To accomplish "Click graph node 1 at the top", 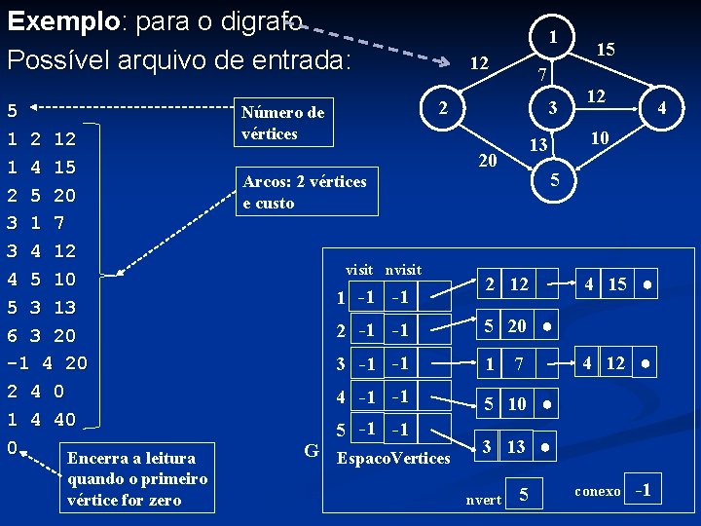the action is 552,38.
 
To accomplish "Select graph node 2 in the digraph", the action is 441,106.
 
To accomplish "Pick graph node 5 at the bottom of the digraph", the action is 553,180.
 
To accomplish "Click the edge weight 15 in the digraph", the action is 606,48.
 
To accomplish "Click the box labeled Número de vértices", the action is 282,123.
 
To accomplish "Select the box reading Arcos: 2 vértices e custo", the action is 304,192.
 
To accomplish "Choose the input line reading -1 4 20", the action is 47,363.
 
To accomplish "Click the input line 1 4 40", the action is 41,420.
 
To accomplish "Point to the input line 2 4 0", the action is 35,392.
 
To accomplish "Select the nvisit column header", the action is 403,269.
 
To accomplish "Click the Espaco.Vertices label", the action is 392,457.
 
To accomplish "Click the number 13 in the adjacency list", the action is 516,446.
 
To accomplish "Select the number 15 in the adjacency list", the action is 617,284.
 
